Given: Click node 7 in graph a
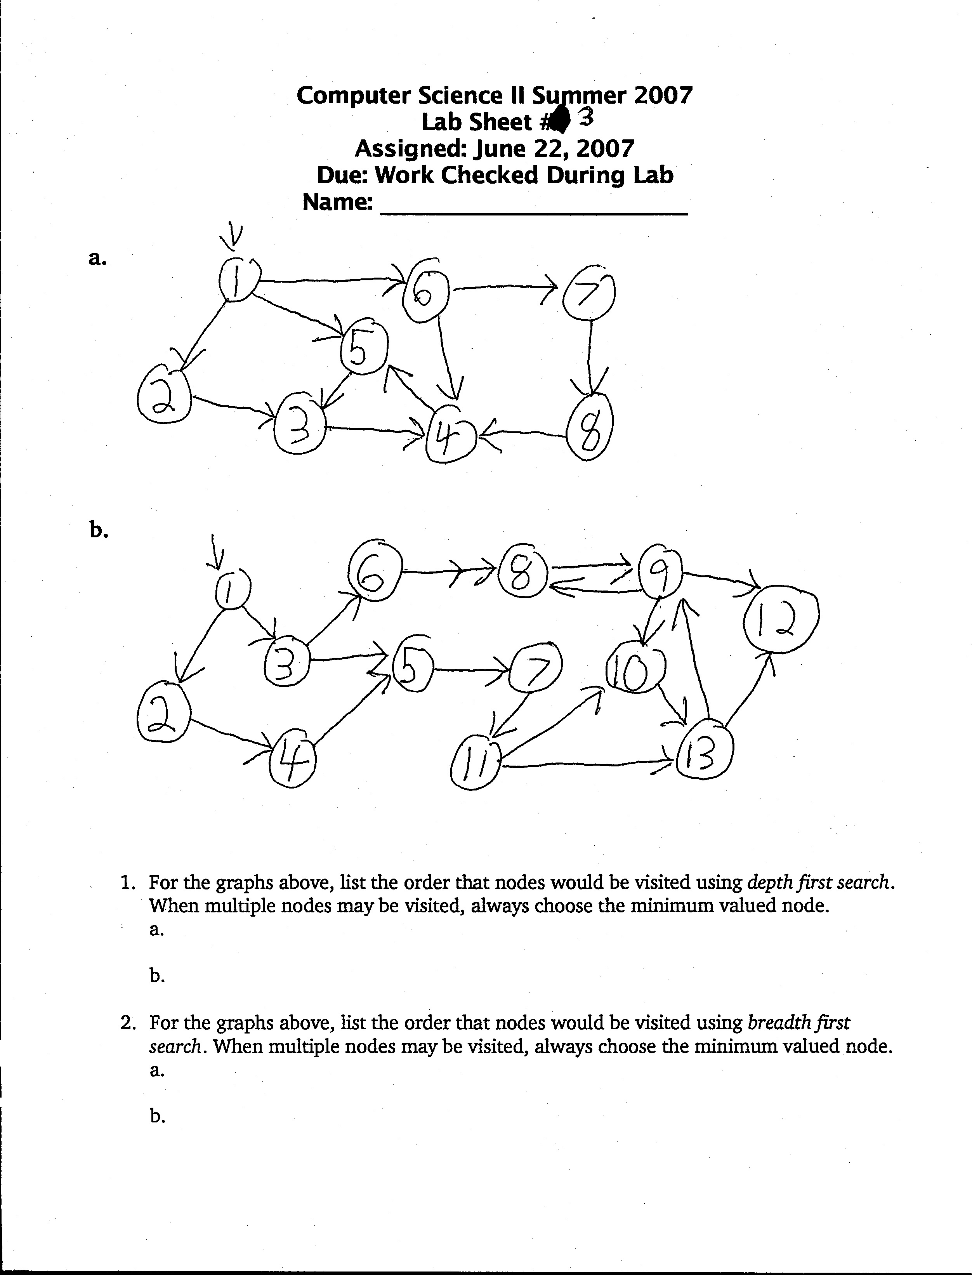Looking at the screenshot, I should click(x=588, y=294).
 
